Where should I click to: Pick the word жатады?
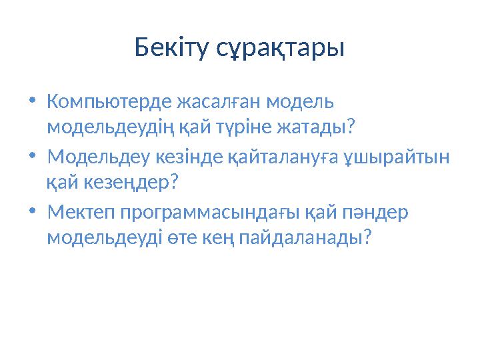tap(321, 126)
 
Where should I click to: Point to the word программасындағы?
tap(212, 213)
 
